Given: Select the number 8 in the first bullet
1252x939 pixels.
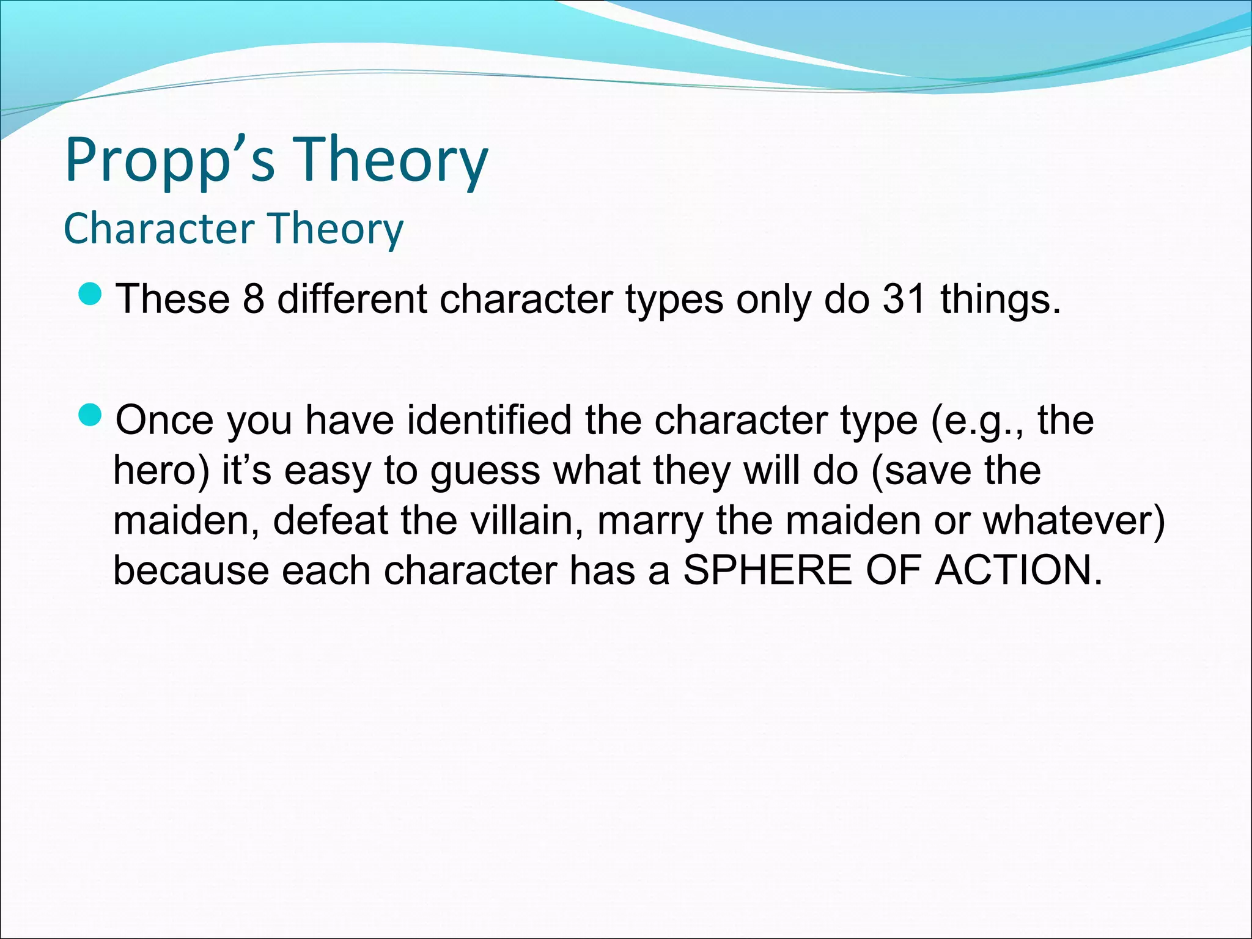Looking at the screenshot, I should [x=254, y=300].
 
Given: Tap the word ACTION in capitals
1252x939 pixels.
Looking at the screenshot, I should [x=1018, y=570].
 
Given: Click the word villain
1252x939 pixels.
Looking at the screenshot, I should [x=526, y=521].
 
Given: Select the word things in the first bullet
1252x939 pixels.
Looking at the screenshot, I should [x=1000, y=300].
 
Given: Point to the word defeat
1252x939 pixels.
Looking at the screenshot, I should [x=330, y=521].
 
